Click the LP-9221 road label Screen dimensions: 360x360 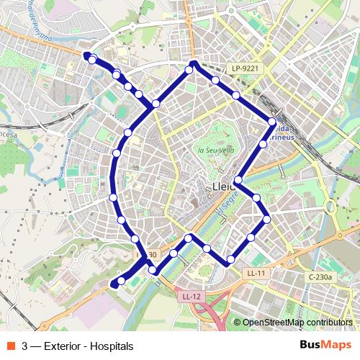point(245,68)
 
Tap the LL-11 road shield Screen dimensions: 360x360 point(256,274)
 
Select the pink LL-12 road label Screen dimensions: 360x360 point(191,296)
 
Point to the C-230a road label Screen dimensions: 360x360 point(320,276)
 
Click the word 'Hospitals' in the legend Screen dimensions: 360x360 point(109,346)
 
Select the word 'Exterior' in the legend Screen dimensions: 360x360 point(63,346)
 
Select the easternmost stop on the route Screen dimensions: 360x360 point(272,122)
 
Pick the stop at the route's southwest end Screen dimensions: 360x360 point(121,281)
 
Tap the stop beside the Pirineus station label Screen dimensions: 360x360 point(272,122)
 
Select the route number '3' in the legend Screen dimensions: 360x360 point(25,346)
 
